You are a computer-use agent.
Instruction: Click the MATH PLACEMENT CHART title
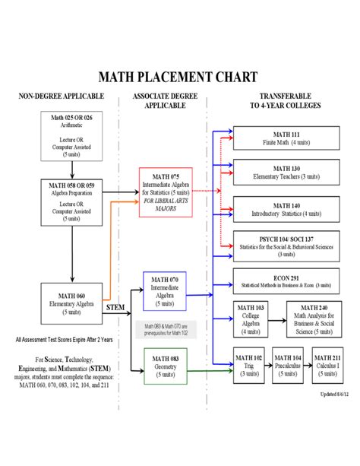tap(178, 78)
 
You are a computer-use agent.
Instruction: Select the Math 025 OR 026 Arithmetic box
tap(71, 135)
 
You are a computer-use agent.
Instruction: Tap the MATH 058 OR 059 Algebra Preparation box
tap(71, 201)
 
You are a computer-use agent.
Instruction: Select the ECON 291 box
tap(286, 279)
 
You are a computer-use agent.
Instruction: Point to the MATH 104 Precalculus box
tap(286, 364)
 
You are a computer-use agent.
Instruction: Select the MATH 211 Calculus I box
tap(326, 364)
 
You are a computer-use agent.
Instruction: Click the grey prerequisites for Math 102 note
tap(165, 329)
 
